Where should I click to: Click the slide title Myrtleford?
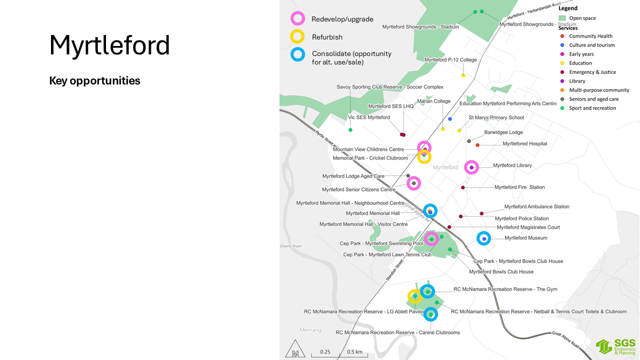(109, 45)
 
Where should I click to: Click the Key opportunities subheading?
(94, 80)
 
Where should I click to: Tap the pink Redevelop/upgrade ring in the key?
(297, 19)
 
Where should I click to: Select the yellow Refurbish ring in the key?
(297, 36)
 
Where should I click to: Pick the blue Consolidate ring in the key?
(297, 54)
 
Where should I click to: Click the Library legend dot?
(562, 81)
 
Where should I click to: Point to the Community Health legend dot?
(562, 36)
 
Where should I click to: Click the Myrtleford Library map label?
(512, 165)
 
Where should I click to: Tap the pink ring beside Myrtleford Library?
(471, 167)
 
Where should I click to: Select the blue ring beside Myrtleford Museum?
(484, 238)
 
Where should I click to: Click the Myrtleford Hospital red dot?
(477, 145)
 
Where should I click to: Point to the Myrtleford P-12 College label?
(450, 60)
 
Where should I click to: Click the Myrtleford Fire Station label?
(519, 187)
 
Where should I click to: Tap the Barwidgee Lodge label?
(503, 132)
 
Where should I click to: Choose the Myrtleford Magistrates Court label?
(528, 227)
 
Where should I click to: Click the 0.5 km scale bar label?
(354, 352)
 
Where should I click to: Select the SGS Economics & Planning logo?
(615, 346)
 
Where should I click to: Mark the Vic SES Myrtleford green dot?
(350, 130)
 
